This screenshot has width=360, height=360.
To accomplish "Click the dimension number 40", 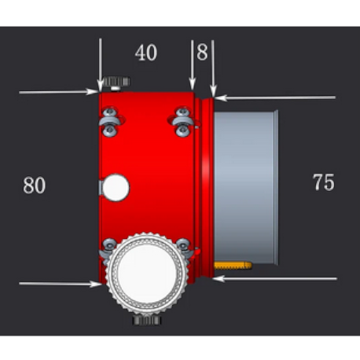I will coord(145,53).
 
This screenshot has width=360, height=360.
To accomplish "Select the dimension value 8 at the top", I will coord(203,53).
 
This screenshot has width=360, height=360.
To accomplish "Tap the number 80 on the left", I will coord(34,186).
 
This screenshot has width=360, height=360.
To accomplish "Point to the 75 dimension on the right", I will coord(323,182).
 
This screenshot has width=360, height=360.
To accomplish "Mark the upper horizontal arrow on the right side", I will coord(275,97).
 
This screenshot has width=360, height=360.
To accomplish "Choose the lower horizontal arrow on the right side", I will coord(275,278).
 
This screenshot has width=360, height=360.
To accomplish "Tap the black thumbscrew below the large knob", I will coord(147,319).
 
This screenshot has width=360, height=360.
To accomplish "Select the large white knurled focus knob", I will coord(147,275).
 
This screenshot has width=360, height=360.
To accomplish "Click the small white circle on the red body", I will coord(116,186).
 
